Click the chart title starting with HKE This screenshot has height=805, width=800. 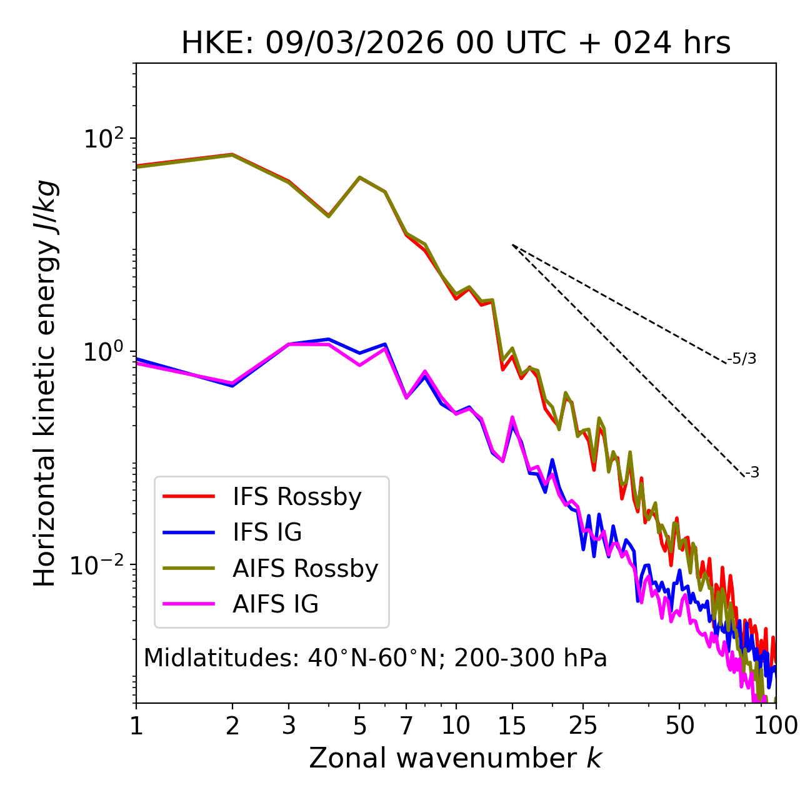coord(456,44)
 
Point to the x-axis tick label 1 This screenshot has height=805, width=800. coord(136,726)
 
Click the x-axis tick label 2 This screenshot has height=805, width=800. coord(232,726)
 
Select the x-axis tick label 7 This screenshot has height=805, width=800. coord(406,726)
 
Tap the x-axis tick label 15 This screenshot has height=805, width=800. coord(512,726)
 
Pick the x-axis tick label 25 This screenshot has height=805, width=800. coord(583,726)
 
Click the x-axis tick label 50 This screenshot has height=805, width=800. coord(679,726)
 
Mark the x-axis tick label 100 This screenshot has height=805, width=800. coord(776,726)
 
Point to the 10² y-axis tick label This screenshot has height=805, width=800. coord(104,138)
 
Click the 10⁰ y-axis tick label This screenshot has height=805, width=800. coord(104,351)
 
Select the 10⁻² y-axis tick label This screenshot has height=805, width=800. coord(101,565)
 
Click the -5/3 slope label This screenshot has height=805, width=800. coord(742,359)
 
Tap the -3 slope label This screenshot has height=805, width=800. coord(752,473)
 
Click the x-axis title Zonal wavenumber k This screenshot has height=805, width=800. coord(456,758)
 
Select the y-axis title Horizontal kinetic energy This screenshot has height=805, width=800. coord(46,383)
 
